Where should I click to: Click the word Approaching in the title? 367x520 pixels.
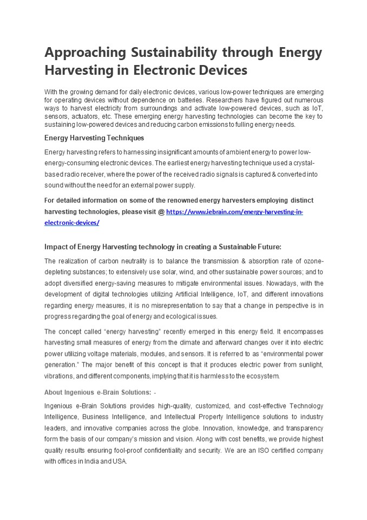click(85, 53)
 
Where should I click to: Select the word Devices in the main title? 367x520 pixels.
click(221, 70)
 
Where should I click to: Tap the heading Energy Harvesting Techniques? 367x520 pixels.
click(94, 138)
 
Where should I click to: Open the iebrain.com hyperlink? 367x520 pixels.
click(234, 212)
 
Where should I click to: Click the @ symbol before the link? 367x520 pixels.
click(161, 212)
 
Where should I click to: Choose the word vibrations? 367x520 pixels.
click(58, 376)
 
